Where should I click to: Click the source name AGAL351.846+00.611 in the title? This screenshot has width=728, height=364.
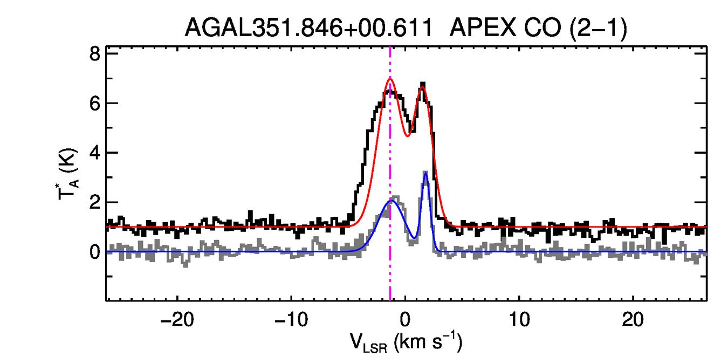(x=309, y=28)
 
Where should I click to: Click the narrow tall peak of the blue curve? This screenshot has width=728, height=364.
(x=425, y=173)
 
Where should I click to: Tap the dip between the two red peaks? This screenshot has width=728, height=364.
(x=407, y=135)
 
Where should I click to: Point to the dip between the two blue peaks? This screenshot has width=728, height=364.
(x=414, y=238)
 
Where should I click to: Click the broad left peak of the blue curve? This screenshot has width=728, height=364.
(x=392, y=201)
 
